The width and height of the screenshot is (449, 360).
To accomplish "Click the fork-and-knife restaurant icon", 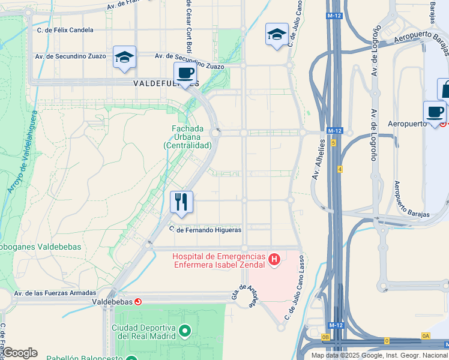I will point(181,202).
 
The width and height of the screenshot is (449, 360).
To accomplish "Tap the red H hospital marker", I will point(274,259).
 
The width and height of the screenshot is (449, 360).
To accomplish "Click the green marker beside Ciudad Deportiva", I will point(185,331).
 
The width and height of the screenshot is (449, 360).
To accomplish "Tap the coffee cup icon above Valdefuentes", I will point(185,73).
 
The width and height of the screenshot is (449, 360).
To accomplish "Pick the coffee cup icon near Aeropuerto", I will point(435,112).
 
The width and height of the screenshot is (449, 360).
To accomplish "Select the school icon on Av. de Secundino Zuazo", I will point(124,57).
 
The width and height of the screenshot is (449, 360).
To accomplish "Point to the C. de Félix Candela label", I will point(65,29).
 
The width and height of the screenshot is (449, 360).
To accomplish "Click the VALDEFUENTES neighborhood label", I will point(166,84).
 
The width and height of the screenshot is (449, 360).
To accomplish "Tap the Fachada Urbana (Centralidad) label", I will point(187,137).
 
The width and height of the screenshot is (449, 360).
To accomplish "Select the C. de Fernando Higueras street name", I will point(205,229).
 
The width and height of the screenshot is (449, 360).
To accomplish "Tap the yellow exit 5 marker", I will point(333,143).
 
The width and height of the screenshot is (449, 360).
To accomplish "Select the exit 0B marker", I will point(325,337).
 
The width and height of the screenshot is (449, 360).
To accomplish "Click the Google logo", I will point(20,353).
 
